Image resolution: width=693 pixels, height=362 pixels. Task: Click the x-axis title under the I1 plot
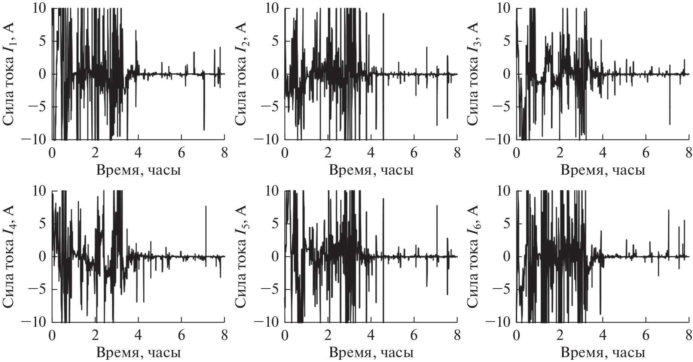(139, 171)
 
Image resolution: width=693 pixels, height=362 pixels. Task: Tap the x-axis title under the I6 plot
(603, 353)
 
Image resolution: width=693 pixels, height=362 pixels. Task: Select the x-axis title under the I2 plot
(371, 171)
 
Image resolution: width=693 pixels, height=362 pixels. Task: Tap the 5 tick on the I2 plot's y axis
(277, 41)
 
